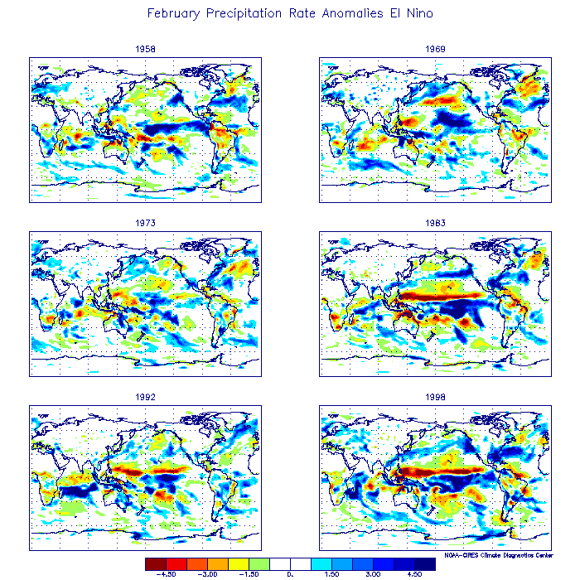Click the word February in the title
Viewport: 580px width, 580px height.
click(x=175, y=14)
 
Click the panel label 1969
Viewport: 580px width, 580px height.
click(x=435, y=49)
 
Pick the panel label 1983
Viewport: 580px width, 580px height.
click(x=435, y=223)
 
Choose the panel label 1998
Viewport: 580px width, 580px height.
click(x=435, y=398)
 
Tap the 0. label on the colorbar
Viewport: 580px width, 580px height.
click(x=290, y=573)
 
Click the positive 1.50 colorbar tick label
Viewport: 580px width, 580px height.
click(x=331, y=573)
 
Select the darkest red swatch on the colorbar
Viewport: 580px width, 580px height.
click(x=155, y=563)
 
